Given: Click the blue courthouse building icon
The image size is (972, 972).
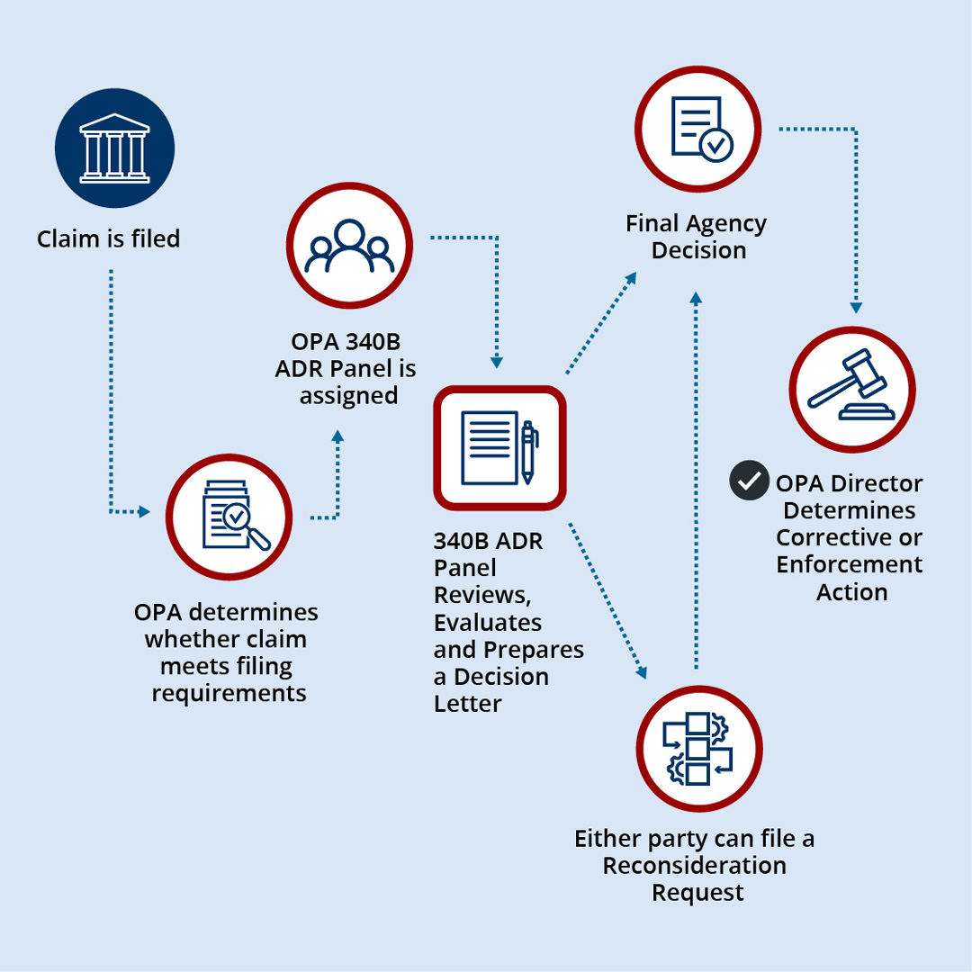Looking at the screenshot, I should tap(114, 148).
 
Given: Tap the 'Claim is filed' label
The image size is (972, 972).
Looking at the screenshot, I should tap(109, 239).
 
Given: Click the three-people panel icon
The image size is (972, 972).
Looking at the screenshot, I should tap(349, 246).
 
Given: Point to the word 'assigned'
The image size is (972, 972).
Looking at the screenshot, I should tap(348, 395).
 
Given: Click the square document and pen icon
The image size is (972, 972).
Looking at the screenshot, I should tap(499, 447).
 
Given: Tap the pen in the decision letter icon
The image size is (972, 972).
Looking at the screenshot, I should tap(528, 452).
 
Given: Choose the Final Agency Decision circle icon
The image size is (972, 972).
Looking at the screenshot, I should tap(698, 128).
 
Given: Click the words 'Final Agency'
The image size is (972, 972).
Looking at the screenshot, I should tap(697, 223).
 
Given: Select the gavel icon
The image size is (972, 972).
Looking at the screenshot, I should tap(851, 390).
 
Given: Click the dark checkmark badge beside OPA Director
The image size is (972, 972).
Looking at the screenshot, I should tap(748, 481).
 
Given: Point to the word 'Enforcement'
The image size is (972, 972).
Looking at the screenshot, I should tap(850, 565).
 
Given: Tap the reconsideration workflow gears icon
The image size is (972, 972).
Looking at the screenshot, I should tap(698, 749).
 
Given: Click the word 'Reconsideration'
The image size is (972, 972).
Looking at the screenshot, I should tap(694, 866).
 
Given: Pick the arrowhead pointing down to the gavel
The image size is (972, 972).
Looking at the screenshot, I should tap(855, 308).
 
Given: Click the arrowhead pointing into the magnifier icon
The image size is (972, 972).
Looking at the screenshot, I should tap(144, 512).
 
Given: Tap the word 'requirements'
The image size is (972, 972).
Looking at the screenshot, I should tap(229, 694).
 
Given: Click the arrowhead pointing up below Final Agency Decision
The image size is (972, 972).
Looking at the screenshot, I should tap(695, 295).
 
